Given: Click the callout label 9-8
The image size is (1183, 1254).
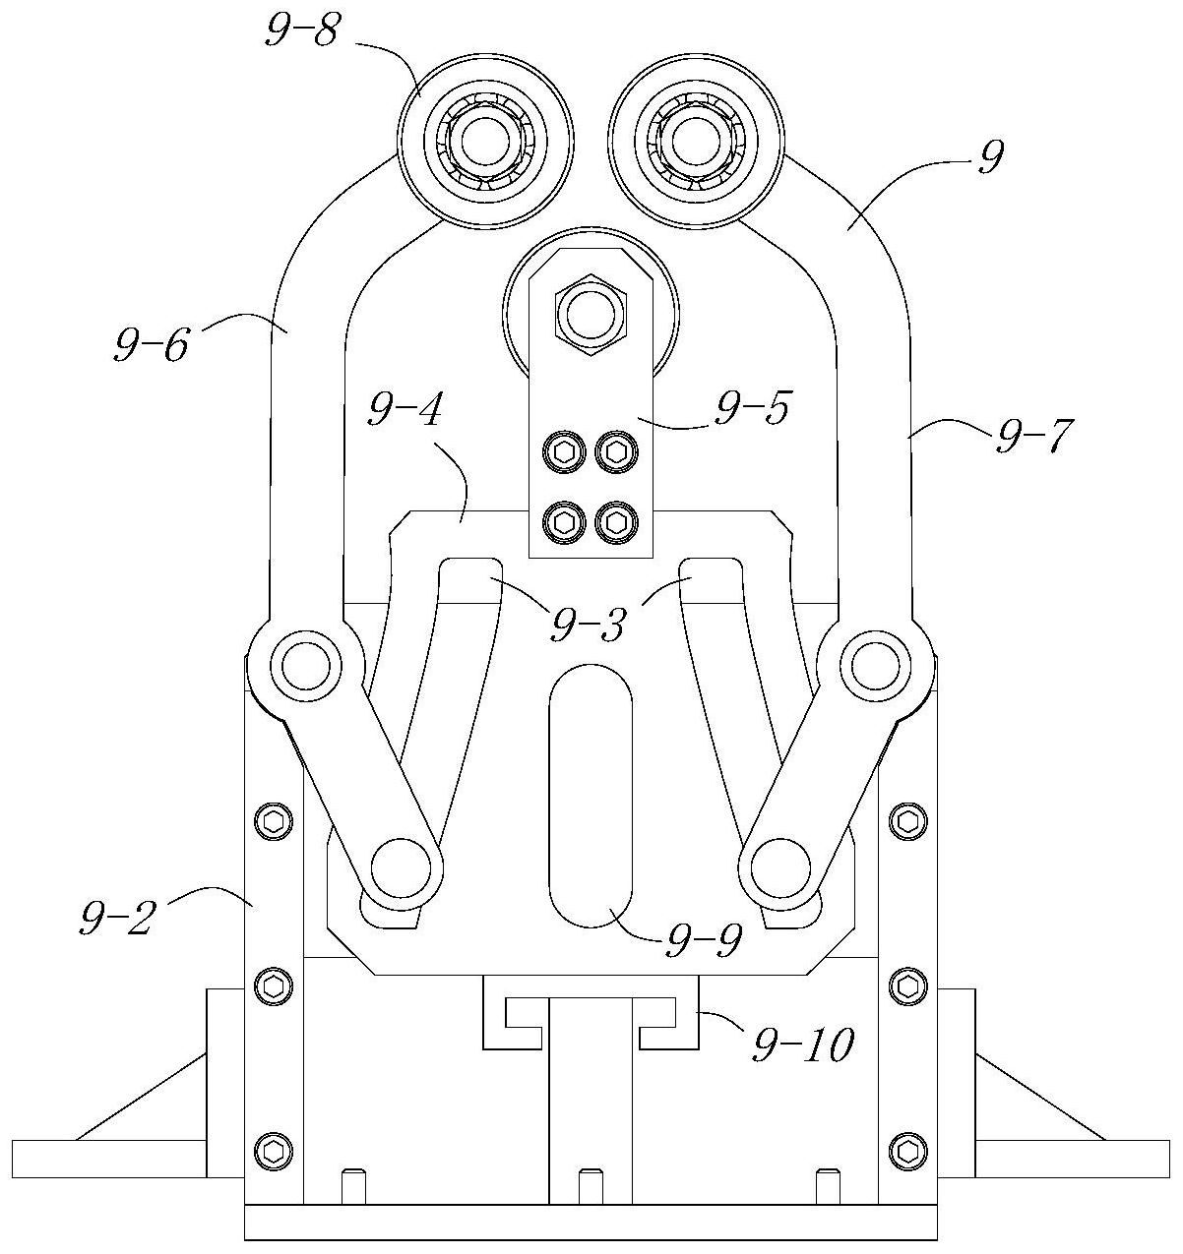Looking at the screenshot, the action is point(301,32).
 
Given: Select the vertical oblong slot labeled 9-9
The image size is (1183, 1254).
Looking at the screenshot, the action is point(591,796).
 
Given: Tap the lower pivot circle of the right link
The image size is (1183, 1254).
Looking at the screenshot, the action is point(777,871).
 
